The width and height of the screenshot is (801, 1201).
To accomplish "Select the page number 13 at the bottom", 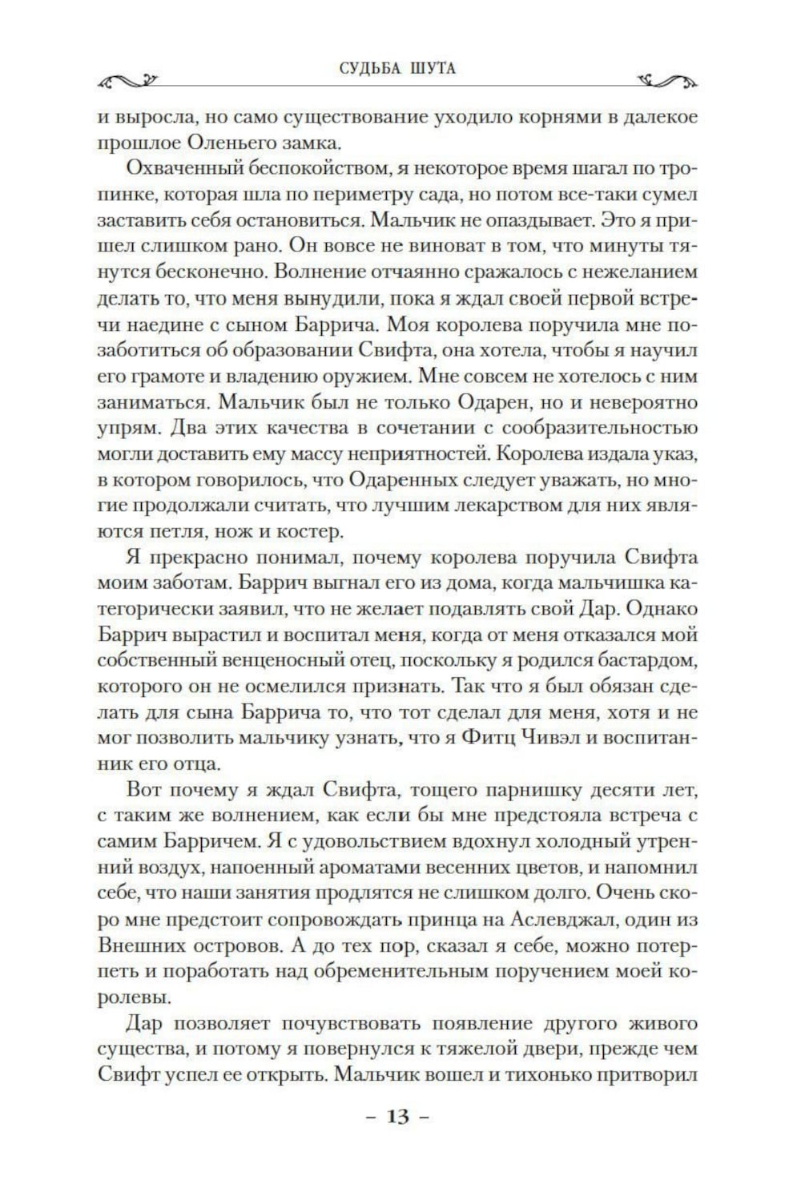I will (397, 1116).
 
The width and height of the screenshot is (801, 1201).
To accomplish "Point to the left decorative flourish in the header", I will (128, 79).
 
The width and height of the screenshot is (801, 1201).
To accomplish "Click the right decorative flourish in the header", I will (670, 79).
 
